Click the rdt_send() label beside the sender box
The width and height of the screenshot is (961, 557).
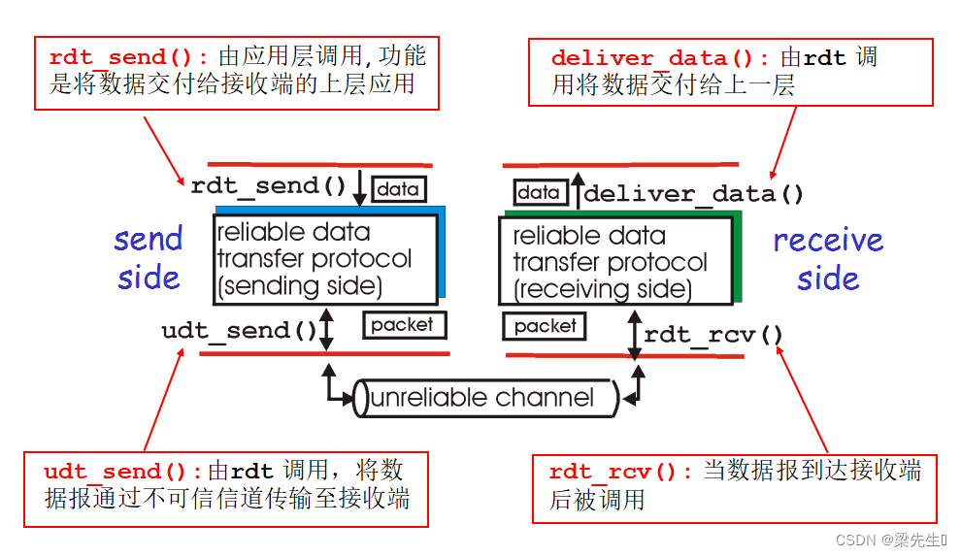(268, 186)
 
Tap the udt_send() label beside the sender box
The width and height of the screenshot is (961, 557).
(239, 331)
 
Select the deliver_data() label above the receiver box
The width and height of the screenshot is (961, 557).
(693, 193)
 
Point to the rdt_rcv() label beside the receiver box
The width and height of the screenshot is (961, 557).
(713, 335)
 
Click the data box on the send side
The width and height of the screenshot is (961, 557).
(398, 189)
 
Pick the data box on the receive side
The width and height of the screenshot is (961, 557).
(539, 192)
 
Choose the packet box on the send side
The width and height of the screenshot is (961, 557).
(403, 324)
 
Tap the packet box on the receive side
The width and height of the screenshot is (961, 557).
(545, 326)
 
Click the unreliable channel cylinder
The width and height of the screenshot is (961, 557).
(483, 398)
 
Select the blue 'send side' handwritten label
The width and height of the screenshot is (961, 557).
(149, 258)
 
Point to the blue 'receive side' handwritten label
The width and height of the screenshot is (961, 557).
(828, 259)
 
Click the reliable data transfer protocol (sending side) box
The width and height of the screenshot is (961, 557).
(324, 259)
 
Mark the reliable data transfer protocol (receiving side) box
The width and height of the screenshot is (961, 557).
(614, 262)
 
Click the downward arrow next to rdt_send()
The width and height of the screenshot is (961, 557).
(359, 188)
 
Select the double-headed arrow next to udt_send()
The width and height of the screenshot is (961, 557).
(326, 330)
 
